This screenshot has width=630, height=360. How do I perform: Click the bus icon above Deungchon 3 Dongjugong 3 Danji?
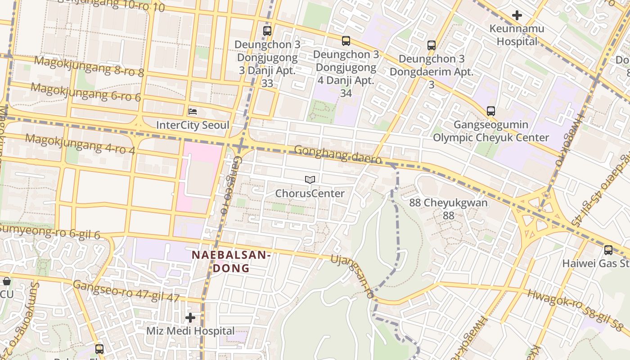coord(267,31)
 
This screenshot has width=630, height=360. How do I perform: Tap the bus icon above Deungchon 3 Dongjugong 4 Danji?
coord(346,41)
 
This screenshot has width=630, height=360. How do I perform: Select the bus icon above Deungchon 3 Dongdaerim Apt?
coord(431,45)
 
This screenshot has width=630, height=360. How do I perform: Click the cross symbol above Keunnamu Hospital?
coord(517,15)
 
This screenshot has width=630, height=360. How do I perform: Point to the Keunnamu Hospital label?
coord(517,35)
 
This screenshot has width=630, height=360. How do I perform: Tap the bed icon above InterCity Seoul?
coord(193,111)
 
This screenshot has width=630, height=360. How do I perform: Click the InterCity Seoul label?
coord(193,125)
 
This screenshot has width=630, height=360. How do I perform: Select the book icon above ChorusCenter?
coord(310,180)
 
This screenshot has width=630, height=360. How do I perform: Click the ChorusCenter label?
coord(310,193)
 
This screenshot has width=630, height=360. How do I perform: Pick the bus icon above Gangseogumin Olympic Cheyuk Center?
coord(490,111)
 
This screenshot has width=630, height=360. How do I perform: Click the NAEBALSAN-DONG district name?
coord(231,261)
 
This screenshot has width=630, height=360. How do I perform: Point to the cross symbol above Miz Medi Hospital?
coord(190,318)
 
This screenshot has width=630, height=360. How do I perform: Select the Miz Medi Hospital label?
coord(190,331)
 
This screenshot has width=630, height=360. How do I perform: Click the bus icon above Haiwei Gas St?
coord(608,250)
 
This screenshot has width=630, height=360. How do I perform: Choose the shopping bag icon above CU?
coord(7,282)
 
